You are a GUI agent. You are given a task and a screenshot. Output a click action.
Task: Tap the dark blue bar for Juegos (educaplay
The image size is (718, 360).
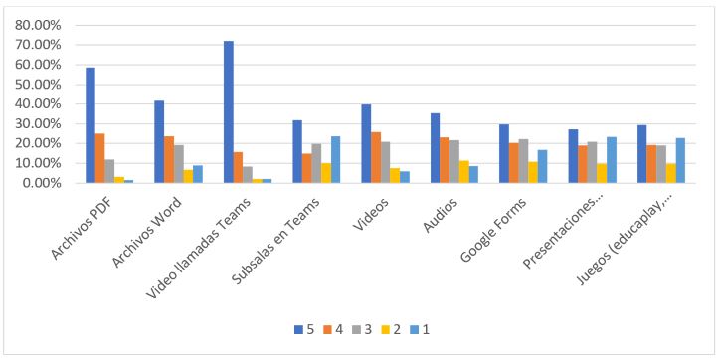pyautogui.click(x=641, y=154)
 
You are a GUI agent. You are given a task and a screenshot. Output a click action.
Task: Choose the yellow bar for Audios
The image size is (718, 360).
pyautogui.click(x=464, y=172)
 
